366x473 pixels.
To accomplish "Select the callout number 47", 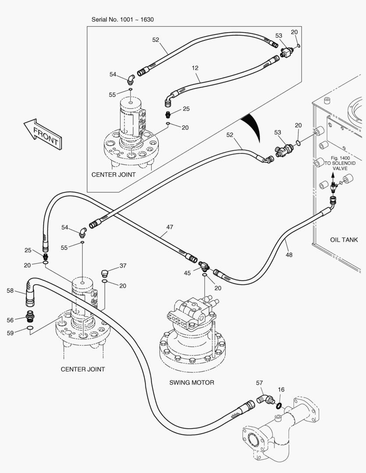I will pos(170,227).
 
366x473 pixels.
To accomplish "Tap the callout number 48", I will pos(289,254).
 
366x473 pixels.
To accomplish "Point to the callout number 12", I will pos(195,68).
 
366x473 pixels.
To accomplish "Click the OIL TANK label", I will pos(344,240).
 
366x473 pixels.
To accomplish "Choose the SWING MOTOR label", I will pos(192,382).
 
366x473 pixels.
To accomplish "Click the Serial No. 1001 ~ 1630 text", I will pos(122,20).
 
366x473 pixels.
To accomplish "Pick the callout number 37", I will pos(123,266).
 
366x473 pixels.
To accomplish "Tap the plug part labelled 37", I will pos(104,274).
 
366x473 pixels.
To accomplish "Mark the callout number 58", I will pos(10,290).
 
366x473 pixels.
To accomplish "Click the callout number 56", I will pos(10,320).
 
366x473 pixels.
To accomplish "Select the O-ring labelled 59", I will pos(29,328).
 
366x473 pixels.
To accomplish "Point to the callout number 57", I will pos(259,383).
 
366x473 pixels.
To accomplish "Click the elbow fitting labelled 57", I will pos(264,399).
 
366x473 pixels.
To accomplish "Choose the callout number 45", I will pos(188,273).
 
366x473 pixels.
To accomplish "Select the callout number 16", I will pos(281,389).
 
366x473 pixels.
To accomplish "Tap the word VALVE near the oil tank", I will pos(331,168).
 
